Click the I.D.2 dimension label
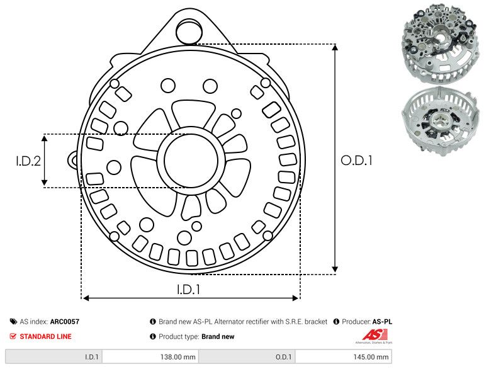click(x=28, y=161)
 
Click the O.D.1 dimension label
click(x=357, y=161)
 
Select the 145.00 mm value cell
click(x=343, y=356)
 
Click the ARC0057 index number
click(x=64, y=322)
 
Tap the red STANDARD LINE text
click(x=45, y=337)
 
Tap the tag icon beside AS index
click(x=13, y=322)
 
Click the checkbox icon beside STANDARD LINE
click(x=13, y=337)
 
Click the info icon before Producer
click(x=336, y=322)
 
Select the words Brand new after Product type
click(x=218, y=337)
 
